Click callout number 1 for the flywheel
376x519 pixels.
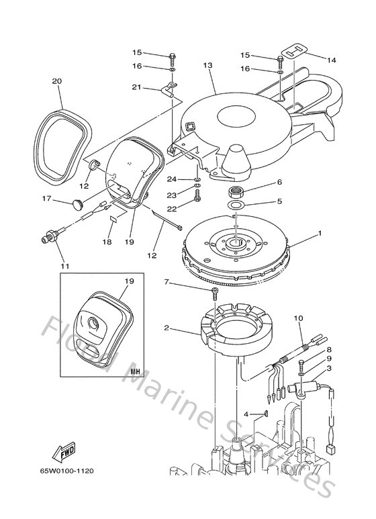(x=320, y=233)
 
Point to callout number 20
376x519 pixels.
(x=57, y=81)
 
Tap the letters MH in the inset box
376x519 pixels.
(x=134, y=370)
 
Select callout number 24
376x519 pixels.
(x=173, y=179)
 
